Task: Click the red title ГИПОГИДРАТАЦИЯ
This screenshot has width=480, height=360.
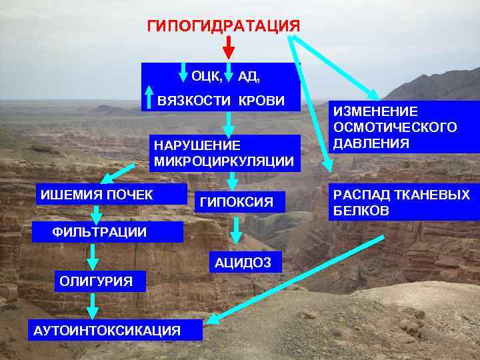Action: (223, 26)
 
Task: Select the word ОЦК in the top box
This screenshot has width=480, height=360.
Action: (207, 77)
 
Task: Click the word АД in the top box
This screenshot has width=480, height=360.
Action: (249, 77)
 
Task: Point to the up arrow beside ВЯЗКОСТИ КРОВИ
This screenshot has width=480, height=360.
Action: (149, 97)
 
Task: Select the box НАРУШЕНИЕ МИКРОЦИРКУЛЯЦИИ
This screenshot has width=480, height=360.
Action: (223, 153)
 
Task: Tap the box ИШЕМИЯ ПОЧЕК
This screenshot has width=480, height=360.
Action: (97, 195)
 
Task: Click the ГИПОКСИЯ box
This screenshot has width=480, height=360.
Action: (237, 201)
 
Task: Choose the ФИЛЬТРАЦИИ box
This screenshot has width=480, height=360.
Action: (100, 232)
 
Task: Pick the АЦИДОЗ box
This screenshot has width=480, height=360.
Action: (243, 263)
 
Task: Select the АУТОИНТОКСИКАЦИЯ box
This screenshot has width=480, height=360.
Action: (107, 330)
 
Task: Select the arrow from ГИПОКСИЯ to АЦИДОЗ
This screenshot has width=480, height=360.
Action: (235, 231)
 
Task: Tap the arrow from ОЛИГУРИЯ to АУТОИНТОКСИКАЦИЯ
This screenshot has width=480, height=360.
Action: (93, 305)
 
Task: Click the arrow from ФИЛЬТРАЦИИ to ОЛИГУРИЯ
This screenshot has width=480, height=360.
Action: (93, 256)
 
